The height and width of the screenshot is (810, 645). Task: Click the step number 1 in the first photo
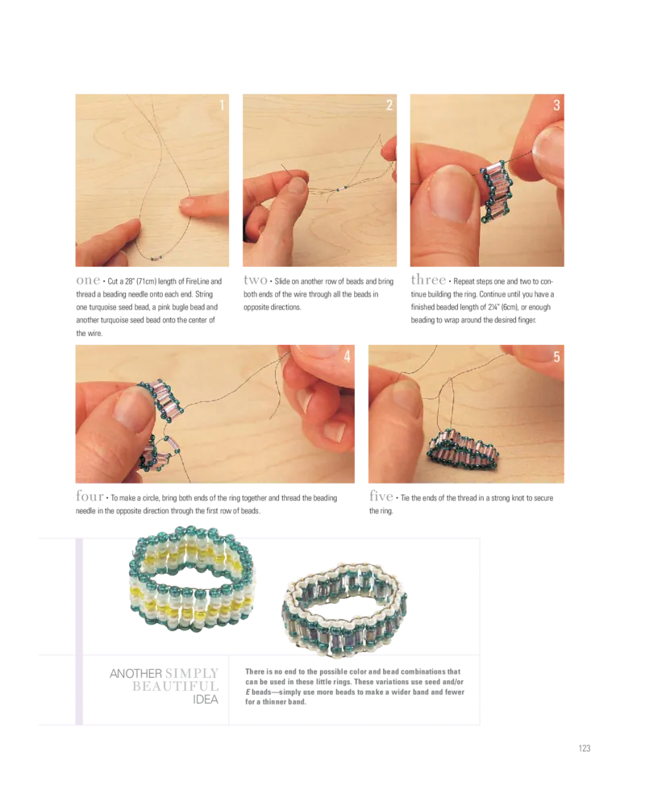click(x=222, y=105)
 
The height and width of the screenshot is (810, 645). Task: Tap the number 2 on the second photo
click(x=389, y=105)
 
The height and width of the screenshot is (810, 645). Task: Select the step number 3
click(x=556, y=105)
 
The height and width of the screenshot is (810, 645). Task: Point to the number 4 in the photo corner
click(x=347, y=355)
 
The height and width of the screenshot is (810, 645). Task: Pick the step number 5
click(x=556, y=355)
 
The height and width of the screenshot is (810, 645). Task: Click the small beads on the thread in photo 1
click(x=156, y=257)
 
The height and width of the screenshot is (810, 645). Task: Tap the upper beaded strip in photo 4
click(x=156, y=399)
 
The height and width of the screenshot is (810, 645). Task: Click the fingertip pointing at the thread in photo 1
click(x=187, y=204)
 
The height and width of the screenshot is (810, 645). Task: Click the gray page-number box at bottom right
click(x=584, y=748)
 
